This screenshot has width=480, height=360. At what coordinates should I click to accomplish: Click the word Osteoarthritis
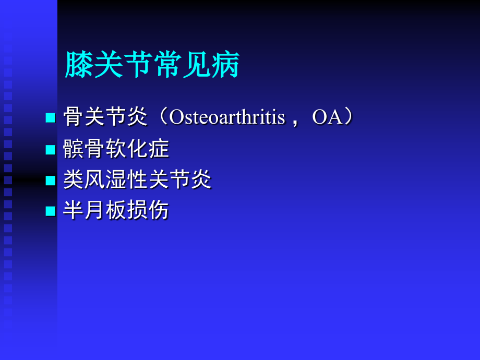coord(227,117)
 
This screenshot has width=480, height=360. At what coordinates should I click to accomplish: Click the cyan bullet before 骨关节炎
coord(50,118)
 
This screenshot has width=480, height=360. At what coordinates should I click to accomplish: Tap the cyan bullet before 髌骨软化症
coord(50,150)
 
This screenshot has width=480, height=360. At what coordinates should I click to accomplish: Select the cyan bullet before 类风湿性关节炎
coord(50,181)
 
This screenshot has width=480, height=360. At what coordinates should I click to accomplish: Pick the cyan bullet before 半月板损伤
coord(50,211)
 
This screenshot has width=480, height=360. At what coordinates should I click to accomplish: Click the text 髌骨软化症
coord(116,149)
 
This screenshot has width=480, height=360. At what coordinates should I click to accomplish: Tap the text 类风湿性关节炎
coord(137,180)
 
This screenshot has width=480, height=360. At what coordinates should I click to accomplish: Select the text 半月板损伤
coord(116,211)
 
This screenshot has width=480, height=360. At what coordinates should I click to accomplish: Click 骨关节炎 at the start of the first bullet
coord(105,117)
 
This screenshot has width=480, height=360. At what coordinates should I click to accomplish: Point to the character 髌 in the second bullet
coord(74,149)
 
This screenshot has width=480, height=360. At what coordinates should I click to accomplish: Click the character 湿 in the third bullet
coord(116,180)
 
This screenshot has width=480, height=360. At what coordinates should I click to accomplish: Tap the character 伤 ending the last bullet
coord(159,211)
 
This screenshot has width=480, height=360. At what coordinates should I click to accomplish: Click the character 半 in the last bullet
coord(74,211)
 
